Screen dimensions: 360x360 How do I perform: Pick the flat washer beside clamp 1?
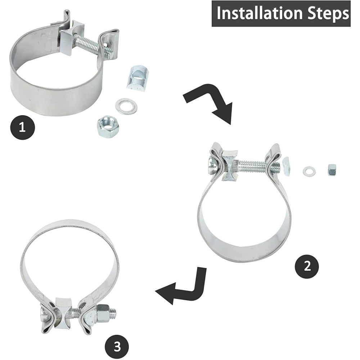point(126,107)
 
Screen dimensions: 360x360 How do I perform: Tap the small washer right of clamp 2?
point(309,171)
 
